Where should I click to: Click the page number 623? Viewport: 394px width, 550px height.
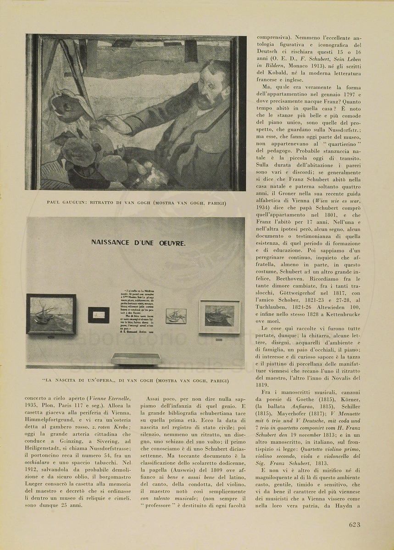coord(354,525)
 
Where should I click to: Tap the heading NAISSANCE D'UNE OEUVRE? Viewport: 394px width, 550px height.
coord(138,243)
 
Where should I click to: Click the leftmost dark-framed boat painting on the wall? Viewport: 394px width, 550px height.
coord(51,314)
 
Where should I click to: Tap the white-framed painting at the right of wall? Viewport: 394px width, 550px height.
coord(219,317)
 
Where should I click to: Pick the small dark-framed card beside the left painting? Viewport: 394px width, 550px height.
coord(99,315)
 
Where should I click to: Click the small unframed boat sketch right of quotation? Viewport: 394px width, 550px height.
coord(176,316)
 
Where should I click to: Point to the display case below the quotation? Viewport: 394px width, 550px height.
coord(135,358)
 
